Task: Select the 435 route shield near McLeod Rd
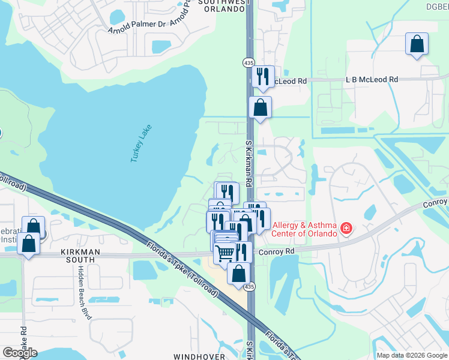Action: (249, 62)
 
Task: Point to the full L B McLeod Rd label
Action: (372, 79)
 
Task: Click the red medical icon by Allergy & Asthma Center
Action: (346, 229)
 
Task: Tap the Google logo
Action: (20, 353)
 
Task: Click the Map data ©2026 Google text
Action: (411, 355)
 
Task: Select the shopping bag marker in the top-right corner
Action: (417, 44)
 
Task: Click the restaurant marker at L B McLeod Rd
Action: (262, 76)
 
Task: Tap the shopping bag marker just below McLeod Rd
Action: (260, 108)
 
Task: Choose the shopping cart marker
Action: (225, 253)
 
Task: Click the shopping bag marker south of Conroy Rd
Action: (239, 274)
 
